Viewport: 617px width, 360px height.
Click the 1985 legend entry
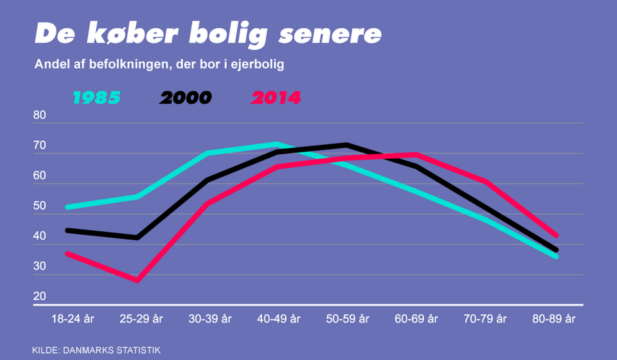96,98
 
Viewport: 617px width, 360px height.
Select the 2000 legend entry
186,98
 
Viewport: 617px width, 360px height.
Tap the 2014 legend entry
276,98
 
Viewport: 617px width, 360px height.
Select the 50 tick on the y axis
40,206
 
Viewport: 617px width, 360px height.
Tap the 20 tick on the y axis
40,297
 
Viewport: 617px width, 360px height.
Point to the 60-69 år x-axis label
416,318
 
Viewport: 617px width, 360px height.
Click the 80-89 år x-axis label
555,318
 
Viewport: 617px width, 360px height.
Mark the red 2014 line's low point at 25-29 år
137,280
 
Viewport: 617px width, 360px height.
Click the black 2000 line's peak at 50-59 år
346,145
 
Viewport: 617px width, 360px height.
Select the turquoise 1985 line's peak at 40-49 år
276,144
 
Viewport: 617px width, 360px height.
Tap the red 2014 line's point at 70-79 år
487,182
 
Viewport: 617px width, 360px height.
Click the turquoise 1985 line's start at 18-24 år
67,207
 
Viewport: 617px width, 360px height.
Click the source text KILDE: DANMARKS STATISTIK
96,350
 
